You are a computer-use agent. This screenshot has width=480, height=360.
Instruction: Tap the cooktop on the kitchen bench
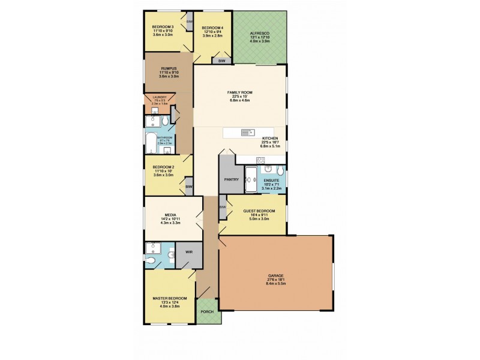(x=260, y=160)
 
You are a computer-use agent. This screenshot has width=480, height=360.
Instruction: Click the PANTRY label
(x=232, y=179)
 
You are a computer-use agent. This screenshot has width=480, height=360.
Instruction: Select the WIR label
(x=188, y=252)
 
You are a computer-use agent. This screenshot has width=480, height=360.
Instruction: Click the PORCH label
(x=208, y=311)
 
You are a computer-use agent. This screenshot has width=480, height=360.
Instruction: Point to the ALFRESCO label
(x=260, y=35)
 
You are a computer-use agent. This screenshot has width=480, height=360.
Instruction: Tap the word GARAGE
(x=276, y=276)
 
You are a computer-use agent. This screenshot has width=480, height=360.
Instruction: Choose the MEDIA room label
(x=170, y=215)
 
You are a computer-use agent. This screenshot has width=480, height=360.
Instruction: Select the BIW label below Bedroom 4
(x=221, y=61)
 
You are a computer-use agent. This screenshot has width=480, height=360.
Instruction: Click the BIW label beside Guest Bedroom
(x=223, y=207)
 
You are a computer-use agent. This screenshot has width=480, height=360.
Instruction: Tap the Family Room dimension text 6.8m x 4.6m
(x=239, y=100)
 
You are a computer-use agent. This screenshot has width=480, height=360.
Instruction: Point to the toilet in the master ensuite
(x=152, y=261)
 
